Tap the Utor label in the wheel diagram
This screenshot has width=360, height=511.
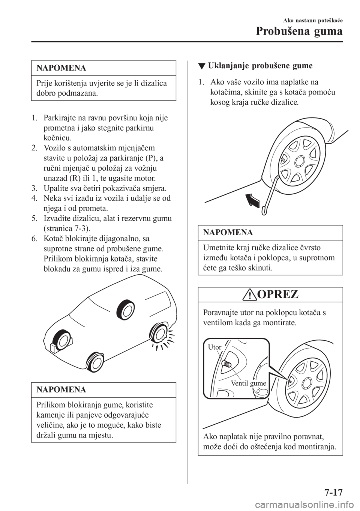(214, 347)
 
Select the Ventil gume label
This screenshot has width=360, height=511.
(249, 383)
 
